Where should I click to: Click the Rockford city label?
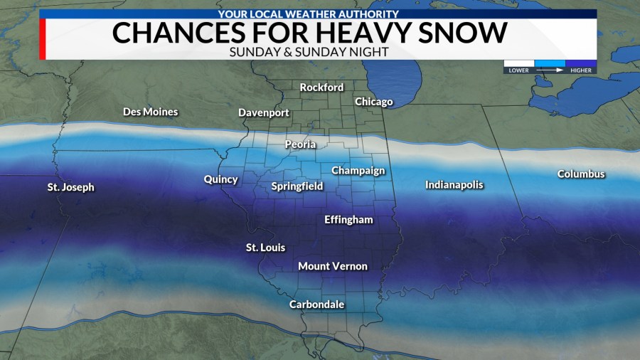pos(321,88)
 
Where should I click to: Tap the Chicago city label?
pos(373,102)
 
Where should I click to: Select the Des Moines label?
pos(150,112)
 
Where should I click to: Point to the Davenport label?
pos(264,113)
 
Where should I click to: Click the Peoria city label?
pos(300,144)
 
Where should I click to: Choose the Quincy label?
pos(220,179)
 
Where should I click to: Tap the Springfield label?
pos(297,186)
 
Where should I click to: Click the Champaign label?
pos(358,171)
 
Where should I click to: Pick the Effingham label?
pos(348,220)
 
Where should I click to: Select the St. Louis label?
pos(265,248)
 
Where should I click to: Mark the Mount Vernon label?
pos(333,266)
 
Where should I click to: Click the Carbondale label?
pos(316,305)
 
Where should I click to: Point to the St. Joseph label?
pos(70,188)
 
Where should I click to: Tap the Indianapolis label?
pos(454,185)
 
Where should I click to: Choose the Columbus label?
pos(581,174)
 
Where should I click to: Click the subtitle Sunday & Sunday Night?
pos(318,53)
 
